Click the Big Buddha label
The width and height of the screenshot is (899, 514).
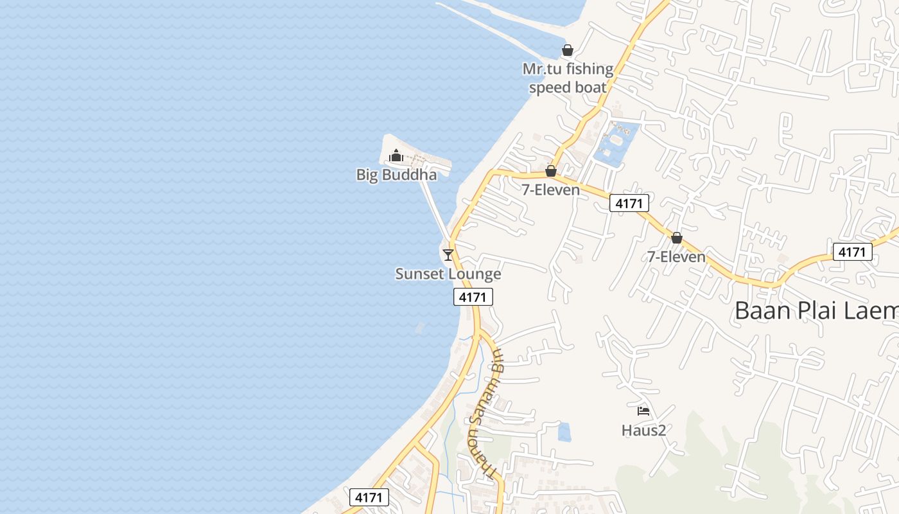point(396,175)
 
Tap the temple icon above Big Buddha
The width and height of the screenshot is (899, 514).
point(396,155)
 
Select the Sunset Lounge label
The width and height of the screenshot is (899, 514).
point(448,274)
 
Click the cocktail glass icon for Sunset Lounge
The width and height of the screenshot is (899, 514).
point(448,254)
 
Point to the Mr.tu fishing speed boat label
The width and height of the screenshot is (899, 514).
point(568,78)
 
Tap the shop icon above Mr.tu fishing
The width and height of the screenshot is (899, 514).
point(568,50)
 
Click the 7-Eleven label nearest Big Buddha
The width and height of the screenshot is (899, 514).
point(550,190)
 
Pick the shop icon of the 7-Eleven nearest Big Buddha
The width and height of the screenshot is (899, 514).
point(550,171)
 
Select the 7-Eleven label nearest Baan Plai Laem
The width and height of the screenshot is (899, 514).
point(676,257)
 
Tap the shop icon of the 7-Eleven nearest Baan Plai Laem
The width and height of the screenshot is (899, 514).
point(676,238)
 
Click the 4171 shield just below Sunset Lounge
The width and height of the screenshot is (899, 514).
point(473,297)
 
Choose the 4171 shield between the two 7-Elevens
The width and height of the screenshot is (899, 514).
point(629,204)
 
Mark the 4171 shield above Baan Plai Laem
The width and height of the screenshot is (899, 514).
point(852,252)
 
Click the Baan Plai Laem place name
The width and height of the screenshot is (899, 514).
point(816,311)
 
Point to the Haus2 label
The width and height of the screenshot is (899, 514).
point(643,430)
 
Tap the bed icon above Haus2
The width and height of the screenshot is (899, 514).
point(643,411)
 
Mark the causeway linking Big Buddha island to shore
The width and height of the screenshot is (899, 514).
point(435,206)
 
